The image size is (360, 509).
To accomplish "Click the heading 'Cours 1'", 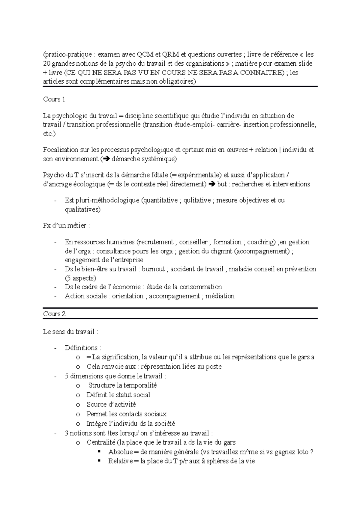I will (54, 100).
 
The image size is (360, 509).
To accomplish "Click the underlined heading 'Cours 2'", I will (54, 314).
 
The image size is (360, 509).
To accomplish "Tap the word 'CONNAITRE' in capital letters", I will (264, 73).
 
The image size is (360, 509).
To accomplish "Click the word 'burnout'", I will (153, 269).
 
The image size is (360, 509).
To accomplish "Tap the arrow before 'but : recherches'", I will (211, 184).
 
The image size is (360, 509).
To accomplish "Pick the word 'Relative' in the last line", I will (120, 461).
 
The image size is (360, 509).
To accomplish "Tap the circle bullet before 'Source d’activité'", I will (78, 405).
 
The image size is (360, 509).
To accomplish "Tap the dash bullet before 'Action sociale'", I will (55, 296).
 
